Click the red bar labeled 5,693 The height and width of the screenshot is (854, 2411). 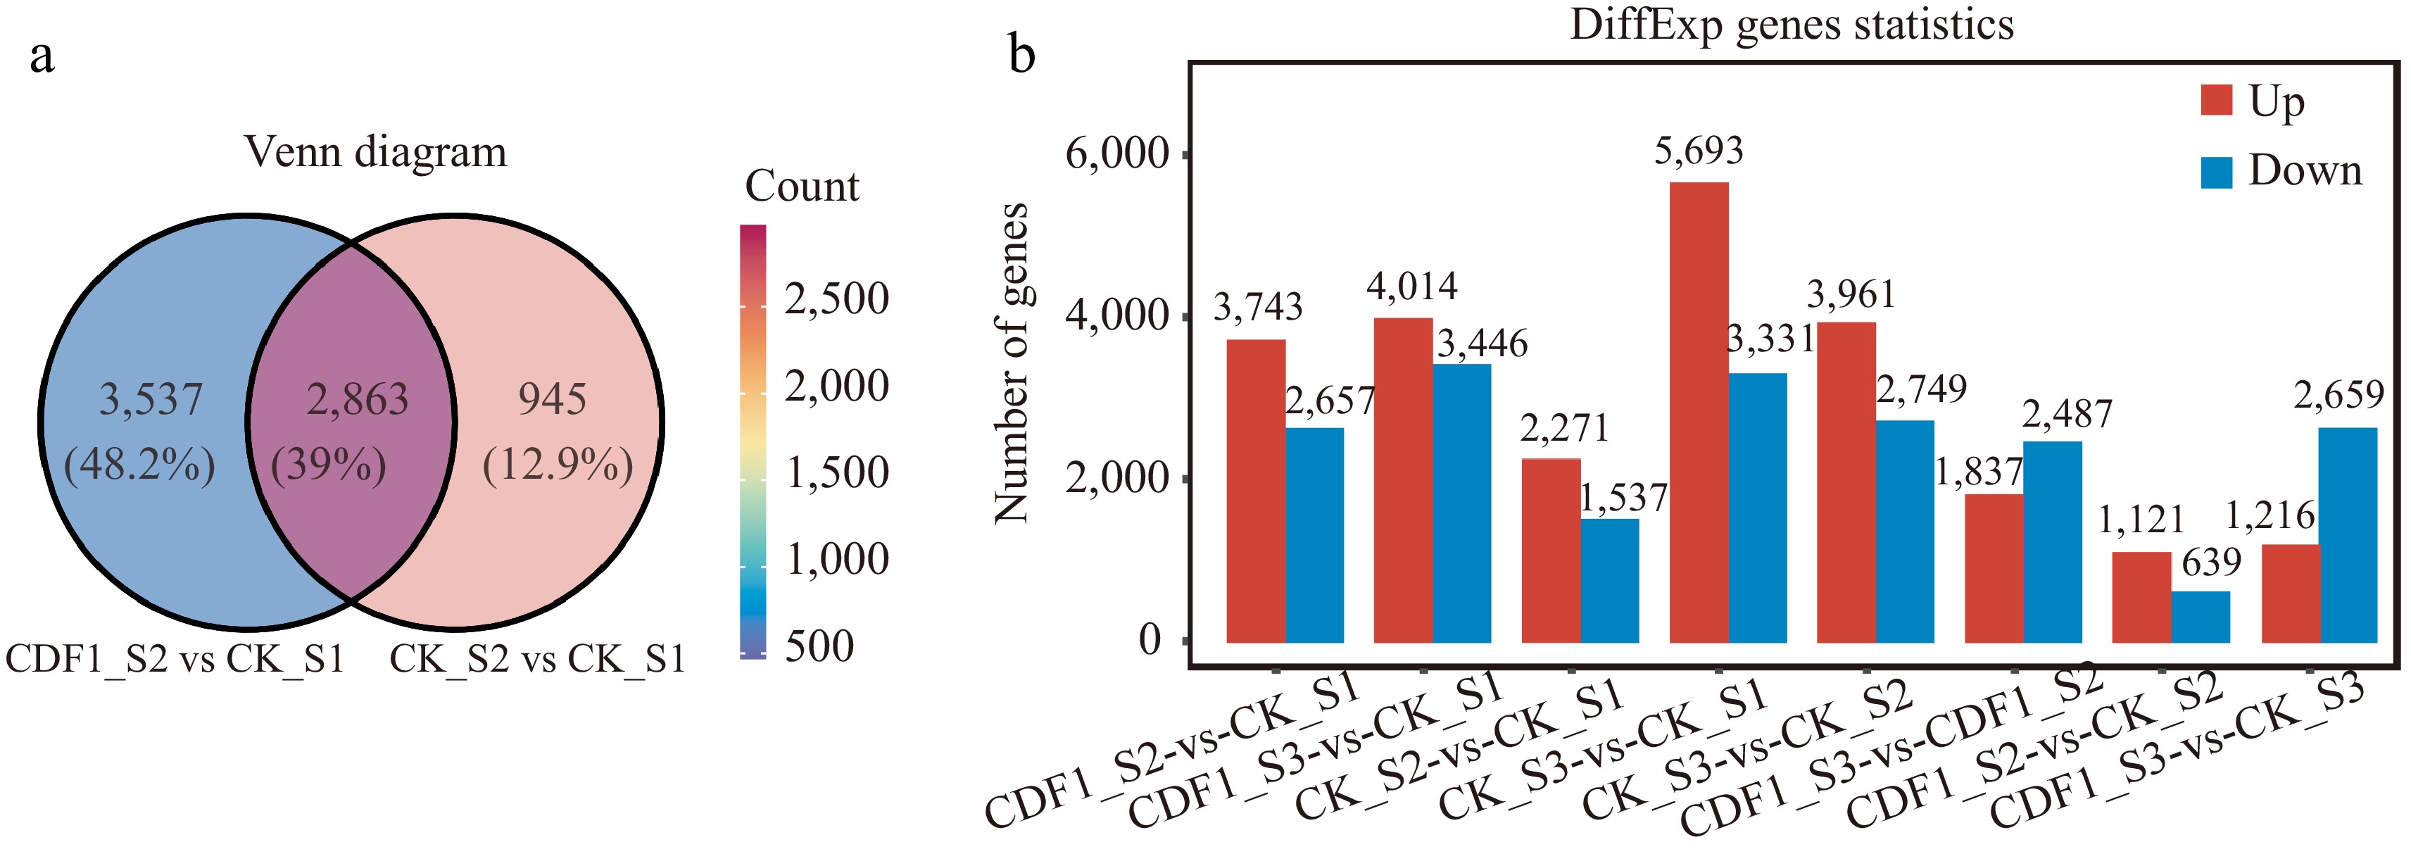1699,412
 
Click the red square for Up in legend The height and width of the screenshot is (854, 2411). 2216,99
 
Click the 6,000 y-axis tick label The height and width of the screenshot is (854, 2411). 1116,153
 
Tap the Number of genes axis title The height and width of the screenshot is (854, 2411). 1012,363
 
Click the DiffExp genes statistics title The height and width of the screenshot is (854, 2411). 1792,25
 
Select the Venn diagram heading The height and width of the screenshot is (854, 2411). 375,151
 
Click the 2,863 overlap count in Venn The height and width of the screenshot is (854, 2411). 358,400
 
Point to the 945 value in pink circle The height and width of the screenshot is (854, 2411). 552,400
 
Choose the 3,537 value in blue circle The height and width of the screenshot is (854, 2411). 151,400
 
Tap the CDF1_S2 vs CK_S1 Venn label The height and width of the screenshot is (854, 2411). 175,659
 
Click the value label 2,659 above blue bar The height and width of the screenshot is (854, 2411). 2338,395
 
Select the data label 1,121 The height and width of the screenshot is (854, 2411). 2141,520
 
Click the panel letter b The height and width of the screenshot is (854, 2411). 1022,54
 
